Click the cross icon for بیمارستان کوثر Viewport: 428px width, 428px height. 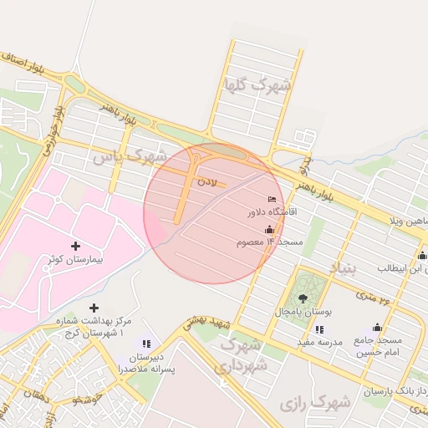76,246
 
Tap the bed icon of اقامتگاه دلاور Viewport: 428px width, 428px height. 270,199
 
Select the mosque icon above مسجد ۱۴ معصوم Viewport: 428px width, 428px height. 269,229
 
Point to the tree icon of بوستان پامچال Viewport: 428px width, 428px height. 302,298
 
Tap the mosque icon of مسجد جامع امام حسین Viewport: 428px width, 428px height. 377,327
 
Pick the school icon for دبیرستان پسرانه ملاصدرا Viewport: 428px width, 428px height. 146,343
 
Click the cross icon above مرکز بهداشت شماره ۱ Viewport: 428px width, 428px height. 93,308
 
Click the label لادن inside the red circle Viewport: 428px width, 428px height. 206,181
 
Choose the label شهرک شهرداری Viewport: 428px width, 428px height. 242,356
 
